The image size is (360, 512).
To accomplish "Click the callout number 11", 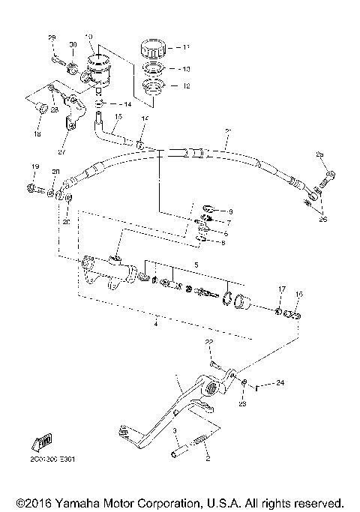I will pyautogui.click(x=186, y=46).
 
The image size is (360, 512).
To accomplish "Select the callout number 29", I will pyautogui.click(x=52, y=37).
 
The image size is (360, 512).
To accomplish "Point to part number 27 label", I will pyautogui.click(x=62, y=151).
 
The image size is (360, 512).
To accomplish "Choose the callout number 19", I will pyautogui.click(x=34, y=166).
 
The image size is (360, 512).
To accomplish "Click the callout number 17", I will pyautogui.click(x=283, y=289).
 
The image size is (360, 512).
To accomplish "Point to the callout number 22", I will pyautogui.click(x=210, y=343).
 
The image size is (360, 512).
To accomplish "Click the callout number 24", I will pyautogui.click(x=280, y=383).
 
